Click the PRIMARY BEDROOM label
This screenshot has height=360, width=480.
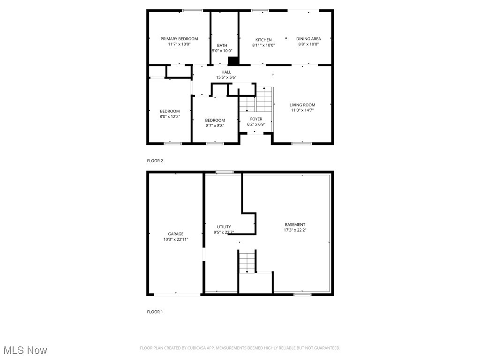click(179, 39)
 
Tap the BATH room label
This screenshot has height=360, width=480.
click(222, 45)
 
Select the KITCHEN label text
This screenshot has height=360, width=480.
click(263, 40)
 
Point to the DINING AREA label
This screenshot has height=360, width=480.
click(308, 39)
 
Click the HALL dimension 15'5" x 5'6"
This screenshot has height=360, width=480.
click(226, 77)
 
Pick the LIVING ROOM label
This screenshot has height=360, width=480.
click(302, 105)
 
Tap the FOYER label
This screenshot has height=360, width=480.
click(256, 119)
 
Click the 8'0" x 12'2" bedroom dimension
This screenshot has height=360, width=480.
click(170, 117)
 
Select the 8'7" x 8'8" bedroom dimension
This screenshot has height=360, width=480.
click(215, 126)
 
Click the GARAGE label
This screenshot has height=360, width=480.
click(176, 234)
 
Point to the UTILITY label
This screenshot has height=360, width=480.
click(224, 227)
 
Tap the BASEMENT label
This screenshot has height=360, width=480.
click(295, 225)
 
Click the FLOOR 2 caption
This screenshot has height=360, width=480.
click(155, 161)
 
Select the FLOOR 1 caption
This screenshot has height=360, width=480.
click(155, 312)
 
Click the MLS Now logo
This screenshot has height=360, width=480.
click(25, 350)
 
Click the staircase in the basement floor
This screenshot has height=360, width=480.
click(247, 262)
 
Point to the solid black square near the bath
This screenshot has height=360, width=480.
click(233, 61)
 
